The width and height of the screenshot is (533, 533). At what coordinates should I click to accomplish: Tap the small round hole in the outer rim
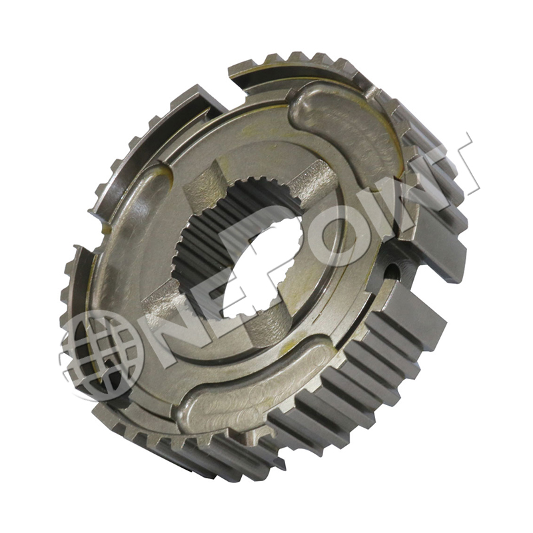[392, 270]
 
